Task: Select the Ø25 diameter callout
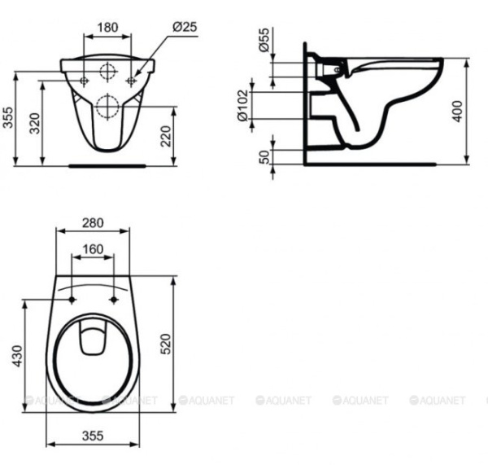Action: [185, 26]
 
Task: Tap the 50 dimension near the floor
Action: [264, 156]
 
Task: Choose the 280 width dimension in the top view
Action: [92, 222]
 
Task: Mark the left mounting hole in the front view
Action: [85, 80]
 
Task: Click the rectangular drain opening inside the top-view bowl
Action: [92, 339]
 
